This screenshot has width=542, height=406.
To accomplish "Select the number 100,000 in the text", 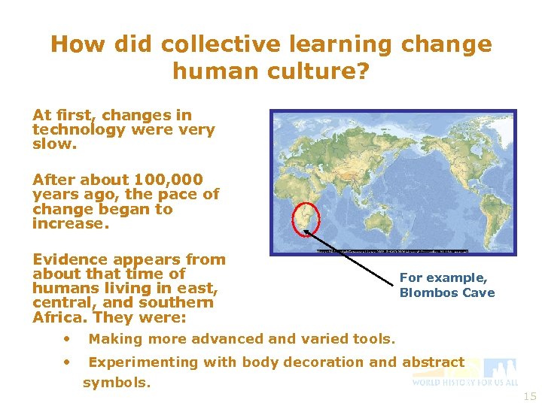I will click(x=168, y=180).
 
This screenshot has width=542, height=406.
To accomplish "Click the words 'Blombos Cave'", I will click(x=447, y=293).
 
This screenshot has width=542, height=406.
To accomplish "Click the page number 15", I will click(x=530, y=396).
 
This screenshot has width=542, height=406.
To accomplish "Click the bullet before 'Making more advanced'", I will click(x=67, y=338).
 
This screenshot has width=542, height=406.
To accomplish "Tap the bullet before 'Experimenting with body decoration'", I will click(x=67, y=361).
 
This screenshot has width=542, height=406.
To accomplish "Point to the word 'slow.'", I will click(x=54, y=144).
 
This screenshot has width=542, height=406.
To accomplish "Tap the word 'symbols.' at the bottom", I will click(x=117, y=383).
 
